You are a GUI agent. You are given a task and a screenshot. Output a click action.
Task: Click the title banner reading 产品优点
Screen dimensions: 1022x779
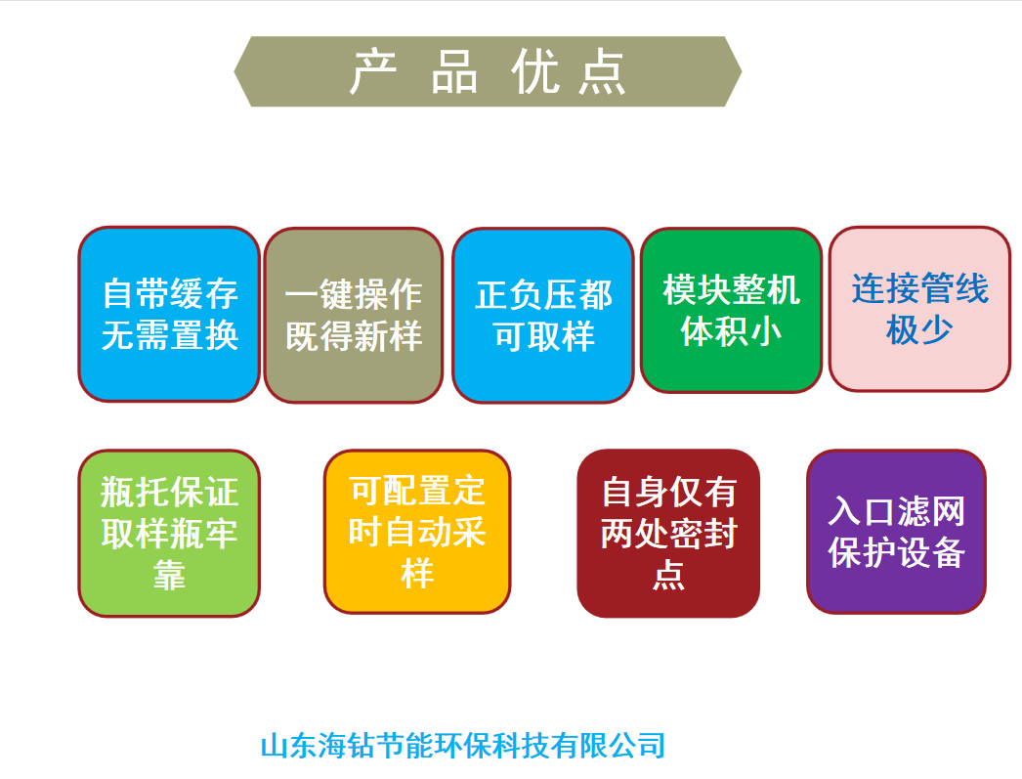(x=488, y=71)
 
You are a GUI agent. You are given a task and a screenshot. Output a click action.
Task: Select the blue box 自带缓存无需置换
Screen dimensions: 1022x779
(x=169, y=314)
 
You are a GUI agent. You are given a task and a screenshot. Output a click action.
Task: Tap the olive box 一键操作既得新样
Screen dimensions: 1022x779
(x=354, y=316)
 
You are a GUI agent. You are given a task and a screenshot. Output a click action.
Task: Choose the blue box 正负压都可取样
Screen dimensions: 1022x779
(x=543, y=316)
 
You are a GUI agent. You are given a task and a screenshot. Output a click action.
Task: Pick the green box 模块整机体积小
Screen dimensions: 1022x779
(x=731, y=310)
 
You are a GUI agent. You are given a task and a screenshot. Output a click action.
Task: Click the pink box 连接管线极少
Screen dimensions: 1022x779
(x=919, y=309)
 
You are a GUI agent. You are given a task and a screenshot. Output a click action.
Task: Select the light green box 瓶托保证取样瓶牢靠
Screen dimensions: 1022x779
(x=169, y=534)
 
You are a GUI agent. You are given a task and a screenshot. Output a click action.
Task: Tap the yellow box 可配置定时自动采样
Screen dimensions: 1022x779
(x=417, y=532)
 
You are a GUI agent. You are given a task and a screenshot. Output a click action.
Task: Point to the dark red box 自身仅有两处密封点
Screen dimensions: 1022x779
(x=668, y=534)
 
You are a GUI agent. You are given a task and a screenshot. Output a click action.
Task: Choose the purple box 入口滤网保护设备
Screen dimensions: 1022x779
(x=896, y=532)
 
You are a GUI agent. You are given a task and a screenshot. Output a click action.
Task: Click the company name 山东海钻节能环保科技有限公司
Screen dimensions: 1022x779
(x=463, y=746)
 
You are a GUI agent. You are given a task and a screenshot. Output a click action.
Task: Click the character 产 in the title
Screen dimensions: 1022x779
(x=372, y=71)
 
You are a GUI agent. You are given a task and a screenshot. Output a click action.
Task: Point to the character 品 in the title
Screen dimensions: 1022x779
(x=454, y=71)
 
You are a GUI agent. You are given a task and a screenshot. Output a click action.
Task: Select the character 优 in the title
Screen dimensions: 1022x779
(x=534, y=71)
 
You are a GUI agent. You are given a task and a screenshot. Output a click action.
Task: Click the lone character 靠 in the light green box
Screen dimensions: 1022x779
(x=169, y=576)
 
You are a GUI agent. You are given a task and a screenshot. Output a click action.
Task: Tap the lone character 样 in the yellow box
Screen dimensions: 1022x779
(x=417, y=574)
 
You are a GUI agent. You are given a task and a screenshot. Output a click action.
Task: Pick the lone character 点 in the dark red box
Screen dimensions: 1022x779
(x=668, y=575)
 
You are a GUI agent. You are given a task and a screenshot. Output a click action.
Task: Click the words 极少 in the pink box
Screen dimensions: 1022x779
(x=919, y=329)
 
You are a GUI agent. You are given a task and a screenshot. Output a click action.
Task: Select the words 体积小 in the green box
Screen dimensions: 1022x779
(x=731, y=331)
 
